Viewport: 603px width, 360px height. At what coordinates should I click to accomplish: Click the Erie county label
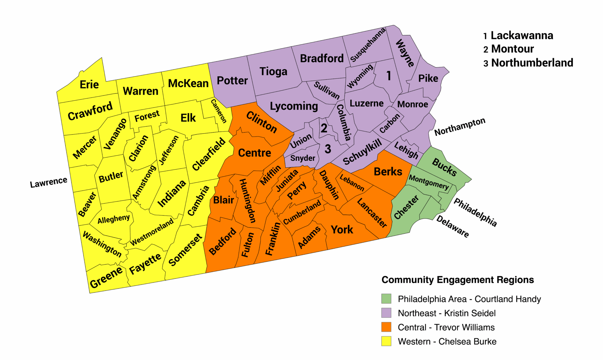pyautogui.click(x=89, y=84)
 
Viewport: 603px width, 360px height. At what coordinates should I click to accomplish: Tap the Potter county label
pyautogui.click(x=232, y=81)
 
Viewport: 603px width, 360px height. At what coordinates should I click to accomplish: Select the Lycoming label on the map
pyautogui.click(x=294, y=106)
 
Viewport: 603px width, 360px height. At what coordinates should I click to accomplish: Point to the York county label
pyautogui.click(x=342, y=229)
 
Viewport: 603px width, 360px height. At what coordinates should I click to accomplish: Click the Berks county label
pyautogui.click(x=388, y=171)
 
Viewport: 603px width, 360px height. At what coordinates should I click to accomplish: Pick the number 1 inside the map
pyautogui.click(x=388, y=76)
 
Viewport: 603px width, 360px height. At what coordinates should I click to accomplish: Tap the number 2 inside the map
pyautogui.click(x=324, y=128)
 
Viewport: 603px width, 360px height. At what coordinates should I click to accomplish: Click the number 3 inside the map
pyautogui.click(x=328, y=149)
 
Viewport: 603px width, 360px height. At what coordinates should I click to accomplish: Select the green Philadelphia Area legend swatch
pyautogui.click(x=386, y=299)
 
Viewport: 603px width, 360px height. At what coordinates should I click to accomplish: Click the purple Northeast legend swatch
pyautogui.click(x=386, y=313)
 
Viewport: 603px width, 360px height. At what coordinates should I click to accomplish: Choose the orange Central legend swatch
pyautogui.click(x=386, y=327)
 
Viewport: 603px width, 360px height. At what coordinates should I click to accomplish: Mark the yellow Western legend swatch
pyautogui.click(x=386, y=341)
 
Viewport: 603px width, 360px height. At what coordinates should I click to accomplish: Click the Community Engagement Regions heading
pyautogui.click(x=458, y=280)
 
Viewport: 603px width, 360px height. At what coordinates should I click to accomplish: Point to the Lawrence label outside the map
pyautogui.click(x=49, y=182)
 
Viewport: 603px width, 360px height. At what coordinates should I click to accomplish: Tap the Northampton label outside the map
pyautogui.click(x=460, y=126)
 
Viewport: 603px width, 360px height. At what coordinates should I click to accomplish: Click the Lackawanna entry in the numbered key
pyautogui.click(x=522, y=35)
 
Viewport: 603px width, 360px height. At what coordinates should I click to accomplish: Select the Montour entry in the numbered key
pyautogui.click(x=512, y=49)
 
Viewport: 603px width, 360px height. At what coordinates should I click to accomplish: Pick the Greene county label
pyautogui.click(x=106, y=277)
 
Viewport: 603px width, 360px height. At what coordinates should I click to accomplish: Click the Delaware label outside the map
pyautogui.click(x=453, y=226)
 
